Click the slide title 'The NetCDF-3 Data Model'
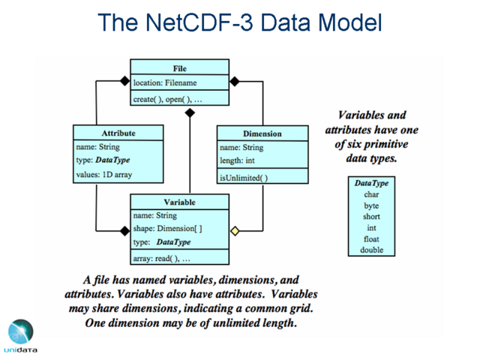tap(240, 22)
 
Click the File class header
tap(179, 68)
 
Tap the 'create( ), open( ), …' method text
tap(167, 99)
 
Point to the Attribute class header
tap(118, 133)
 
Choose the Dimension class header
tap(262, 133)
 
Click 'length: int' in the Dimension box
tap(238, 161)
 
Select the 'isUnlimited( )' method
tap(243, 178)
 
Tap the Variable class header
tap(179, 202)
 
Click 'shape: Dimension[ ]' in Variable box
tap(167, 229)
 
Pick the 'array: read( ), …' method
tap(161, 259)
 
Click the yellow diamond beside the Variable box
tap(235, 231)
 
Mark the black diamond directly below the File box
tap(190, 112)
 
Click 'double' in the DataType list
tap(371, 250)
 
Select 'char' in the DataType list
tap(371, 194)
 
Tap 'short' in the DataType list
tap(371, 217)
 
